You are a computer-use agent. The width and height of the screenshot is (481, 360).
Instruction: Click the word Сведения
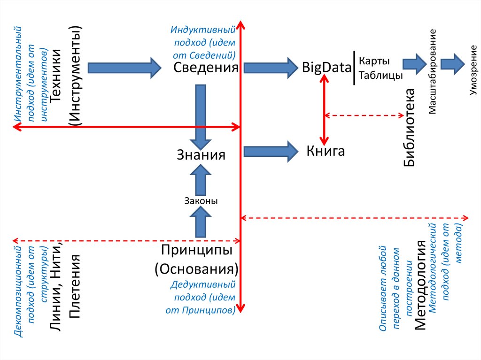click(206, 68)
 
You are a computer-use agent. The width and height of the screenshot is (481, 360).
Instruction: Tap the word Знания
click(201, 154)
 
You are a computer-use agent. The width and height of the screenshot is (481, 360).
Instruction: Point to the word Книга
click(326, 151)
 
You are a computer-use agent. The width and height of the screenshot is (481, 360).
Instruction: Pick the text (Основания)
click(197, 269)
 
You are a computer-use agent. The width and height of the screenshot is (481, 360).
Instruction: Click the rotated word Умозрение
click(473, 77)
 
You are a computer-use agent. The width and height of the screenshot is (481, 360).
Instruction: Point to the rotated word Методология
click(420, 286)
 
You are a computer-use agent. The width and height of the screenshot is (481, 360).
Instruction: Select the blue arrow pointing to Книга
click(271, 151)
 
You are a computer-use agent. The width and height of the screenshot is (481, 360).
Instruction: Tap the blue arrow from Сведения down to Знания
click(201, 115)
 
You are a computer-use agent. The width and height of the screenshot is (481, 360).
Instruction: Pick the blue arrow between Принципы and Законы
click(201, 222)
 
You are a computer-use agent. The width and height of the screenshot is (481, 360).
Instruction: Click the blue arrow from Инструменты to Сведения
click(124, 68)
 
